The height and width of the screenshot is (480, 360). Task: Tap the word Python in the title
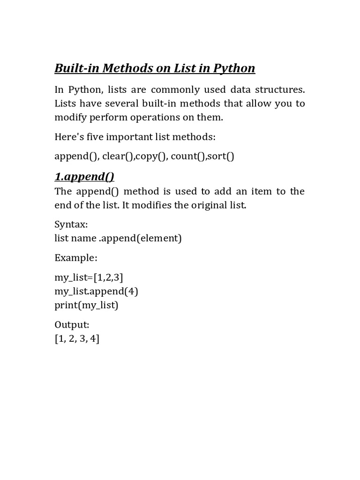point(234,68)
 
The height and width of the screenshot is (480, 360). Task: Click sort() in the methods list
point(220,156)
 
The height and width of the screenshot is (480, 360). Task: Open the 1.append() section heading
point(84,177)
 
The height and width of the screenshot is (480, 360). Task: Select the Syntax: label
point(71,224)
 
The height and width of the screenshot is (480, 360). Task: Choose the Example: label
point(76,258)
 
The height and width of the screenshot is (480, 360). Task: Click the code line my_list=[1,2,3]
point(89,277)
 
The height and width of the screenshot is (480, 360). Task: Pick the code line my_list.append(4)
point(97,291)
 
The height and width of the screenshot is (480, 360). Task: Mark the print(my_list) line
point(87,305)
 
